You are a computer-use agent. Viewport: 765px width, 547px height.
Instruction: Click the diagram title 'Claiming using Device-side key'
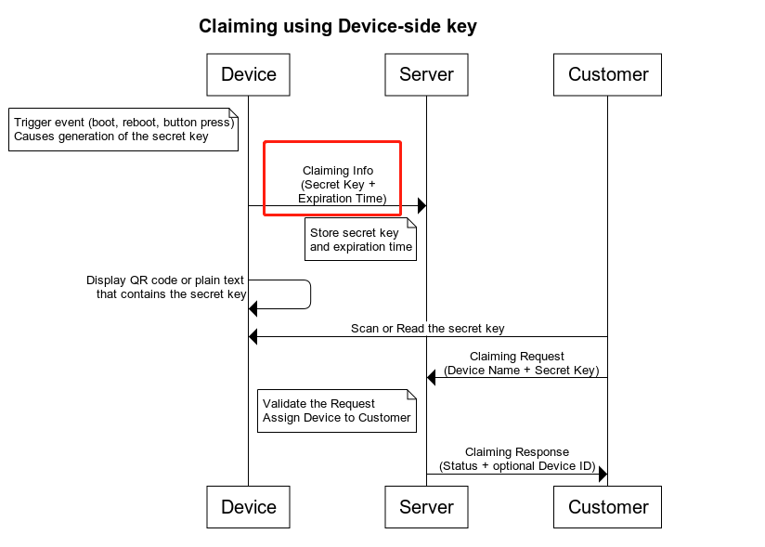tap(338, 26)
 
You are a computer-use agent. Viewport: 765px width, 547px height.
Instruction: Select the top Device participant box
tap(248, 74)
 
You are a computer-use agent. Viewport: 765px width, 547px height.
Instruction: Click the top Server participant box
tap(426, 74)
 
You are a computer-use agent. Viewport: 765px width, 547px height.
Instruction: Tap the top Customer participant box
tap(607, 74)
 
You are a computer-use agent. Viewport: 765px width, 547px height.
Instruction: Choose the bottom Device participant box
tap(248, 507)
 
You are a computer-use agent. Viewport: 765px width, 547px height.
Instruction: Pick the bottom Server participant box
tap(426, 507)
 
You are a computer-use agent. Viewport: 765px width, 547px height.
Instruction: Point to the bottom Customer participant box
tap(607, 507)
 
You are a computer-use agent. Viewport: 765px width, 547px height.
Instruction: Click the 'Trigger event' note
tap(123, 129)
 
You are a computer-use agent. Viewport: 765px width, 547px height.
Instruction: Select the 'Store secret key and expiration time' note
tap(360, 240)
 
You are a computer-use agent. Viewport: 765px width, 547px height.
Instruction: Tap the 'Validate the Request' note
tap(336, 410)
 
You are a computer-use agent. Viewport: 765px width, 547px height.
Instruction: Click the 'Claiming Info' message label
tap(338, 184)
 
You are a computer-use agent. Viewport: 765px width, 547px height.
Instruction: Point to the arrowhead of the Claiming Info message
tap(421, 205)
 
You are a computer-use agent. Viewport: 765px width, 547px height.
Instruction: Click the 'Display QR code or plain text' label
tap(167, 287)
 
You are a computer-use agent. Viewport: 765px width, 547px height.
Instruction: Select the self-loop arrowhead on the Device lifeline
tap(253, 308)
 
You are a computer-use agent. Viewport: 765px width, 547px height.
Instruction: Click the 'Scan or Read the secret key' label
tap(427, 329)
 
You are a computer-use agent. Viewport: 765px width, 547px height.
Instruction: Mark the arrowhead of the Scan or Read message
tap(253, 337)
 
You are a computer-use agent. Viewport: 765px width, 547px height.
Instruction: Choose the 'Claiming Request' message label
tap(516, 363)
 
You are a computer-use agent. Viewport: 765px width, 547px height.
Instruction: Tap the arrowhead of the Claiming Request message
tap(432, 377)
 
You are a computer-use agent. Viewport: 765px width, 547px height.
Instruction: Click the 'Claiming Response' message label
tap(516, 459)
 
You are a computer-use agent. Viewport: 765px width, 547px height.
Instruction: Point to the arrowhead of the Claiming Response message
tap(603, 475)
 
